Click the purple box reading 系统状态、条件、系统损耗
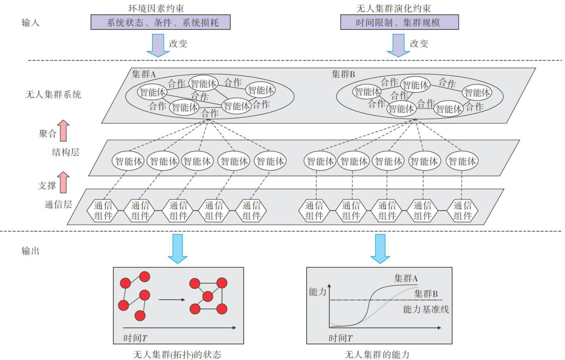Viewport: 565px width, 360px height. click(x=160, y=22)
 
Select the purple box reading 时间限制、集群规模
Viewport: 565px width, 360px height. click(x=399, y=22)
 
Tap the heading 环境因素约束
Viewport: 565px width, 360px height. click(x=156, y=8)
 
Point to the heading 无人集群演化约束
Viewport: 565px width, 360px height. click(x=393, y=8)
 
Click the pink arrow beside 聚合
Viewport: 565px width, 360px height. click(x=63, y=131)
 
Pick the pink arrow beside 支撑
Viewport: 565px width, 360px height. click(x=63, y=182)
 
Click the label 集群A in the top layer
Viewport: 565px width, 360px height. click(x=144, y=74)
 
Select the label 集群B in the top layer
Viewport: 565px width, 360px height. click(x=343, y=74)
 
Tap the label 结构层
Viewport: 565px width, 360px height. click(x=66, y=152)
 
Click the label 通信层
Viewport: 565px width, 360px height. click(x=58, y=204)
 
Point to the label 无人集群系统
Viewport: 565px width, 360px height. click(x=53, y=95)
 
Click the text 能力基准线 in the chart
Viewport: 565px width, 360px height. click(x=426, y=309)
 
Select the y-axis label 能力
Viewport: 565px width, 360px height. click(x=318, y=292)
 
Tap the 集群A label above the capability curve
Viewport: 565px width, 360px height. click(x=406, y=278)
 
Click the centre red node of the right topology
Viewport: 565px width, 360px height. click(x=208, y=296)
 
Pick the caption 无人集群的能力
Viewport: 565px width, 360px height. click(x=377, y=355)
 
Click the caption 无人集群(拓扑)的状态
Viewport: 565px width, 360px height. click(x=177, y=355)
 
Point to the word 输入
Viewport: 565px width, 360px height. click(x=30, y=23)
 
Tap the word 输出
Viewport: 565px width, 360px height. click(x=30, y=251)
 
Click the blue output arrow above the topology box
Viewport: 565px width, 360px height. click(x=178, y=249)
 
